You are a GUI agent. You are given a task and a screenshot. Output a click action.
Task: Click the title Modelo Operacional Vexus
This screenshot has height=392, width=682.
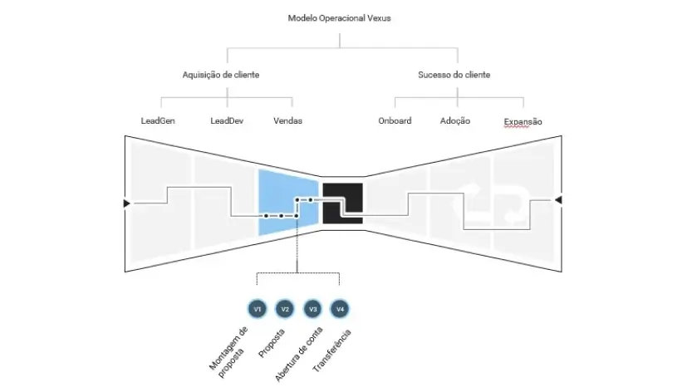(x=339, y=18)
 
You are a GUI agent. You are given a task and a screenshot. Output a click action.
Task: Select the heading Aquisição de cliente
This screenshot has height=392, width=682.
(x=220, y=75)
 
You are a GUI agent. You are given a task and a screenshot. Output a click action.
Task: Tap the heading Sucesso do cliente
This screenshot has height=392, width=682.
(x=454, y=75)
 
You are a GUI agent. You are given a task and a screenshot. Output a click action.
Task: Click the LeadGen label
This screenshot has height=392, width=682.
(x=158, y=121)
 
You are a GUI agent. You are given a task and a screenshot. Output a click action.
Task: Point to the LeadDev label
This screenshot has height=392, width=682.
(x=227, y=121)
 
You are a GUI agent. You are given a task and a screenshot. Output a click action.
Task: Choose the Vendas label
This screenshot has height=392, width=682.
(x=287, y=121)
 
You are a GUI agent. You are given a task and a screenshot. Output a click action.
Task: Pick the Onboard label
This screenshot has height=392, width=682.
(x=395, y=121)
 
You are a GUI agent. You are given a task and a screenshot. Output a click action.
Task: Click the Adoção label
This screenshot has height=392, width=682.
(x=455, y=121)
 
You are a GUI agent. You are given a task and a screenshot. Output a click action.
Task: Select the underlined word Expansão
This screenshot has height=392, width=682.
(x=523, y=122)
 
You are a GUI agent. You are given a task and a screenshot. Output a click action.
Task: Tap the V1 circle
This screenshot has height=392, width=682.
(x=257, y=309)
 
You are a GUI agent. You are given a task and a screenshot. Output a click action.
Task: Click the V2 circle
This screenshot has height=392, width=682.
(x=285, y=309)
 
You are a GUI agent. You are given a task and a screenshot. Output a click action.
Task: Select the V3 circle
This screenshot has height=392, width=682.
(x=312, y=309)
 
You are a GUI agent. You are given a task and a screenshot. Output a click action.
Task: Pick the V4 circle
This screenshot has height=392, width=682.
(x=340, y=309)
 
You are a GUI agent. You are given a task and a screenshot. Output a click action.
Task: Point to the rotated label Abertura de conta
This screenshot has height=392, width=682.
(x=299, y=354)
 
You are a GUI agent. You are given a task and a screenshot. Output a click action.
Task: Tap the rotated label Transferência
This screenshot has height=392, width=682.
(x=332, y=351)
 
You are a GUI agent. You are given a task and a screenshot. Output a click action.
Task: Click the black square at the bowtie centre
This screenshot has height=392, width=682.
(x=342, y=203)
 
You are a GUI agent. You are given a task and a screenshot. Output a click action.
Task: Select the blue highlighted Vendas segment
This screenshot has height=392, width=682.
(x=287, y=203)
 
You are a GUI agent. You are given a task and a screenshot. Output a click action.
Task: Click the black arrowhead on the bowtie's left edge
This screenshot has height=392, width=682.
(x=126, y=203)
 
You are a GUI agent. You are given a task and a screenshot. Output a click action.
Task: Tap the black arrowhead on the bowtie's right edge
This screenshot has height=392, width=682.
(x=558, y=200)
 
